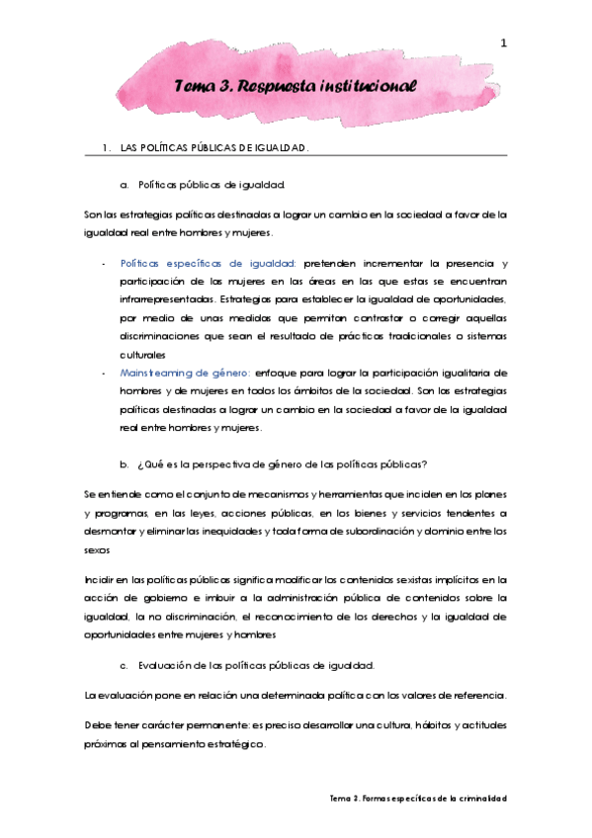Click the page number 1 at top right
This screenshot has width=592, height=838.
point(503,42)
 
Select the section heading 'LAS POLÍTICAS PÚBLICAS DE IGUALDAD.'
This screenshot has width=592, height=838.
point(215,148)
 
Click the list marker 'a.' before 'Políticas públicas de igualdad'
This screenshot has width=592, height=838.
point(125,184)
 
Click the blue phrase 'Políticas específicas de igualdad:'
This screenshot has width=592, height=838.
point(209,263)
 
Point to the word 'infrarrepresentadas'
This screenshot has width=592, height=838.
point(163,298)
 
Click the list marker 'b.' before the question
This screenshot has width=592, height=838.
point(125,463)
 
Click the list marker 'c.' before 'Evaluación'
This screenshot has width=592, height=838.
point(125,665)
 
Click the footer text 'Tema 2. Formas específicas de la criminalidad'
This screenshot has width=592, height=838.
point(417,796)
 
